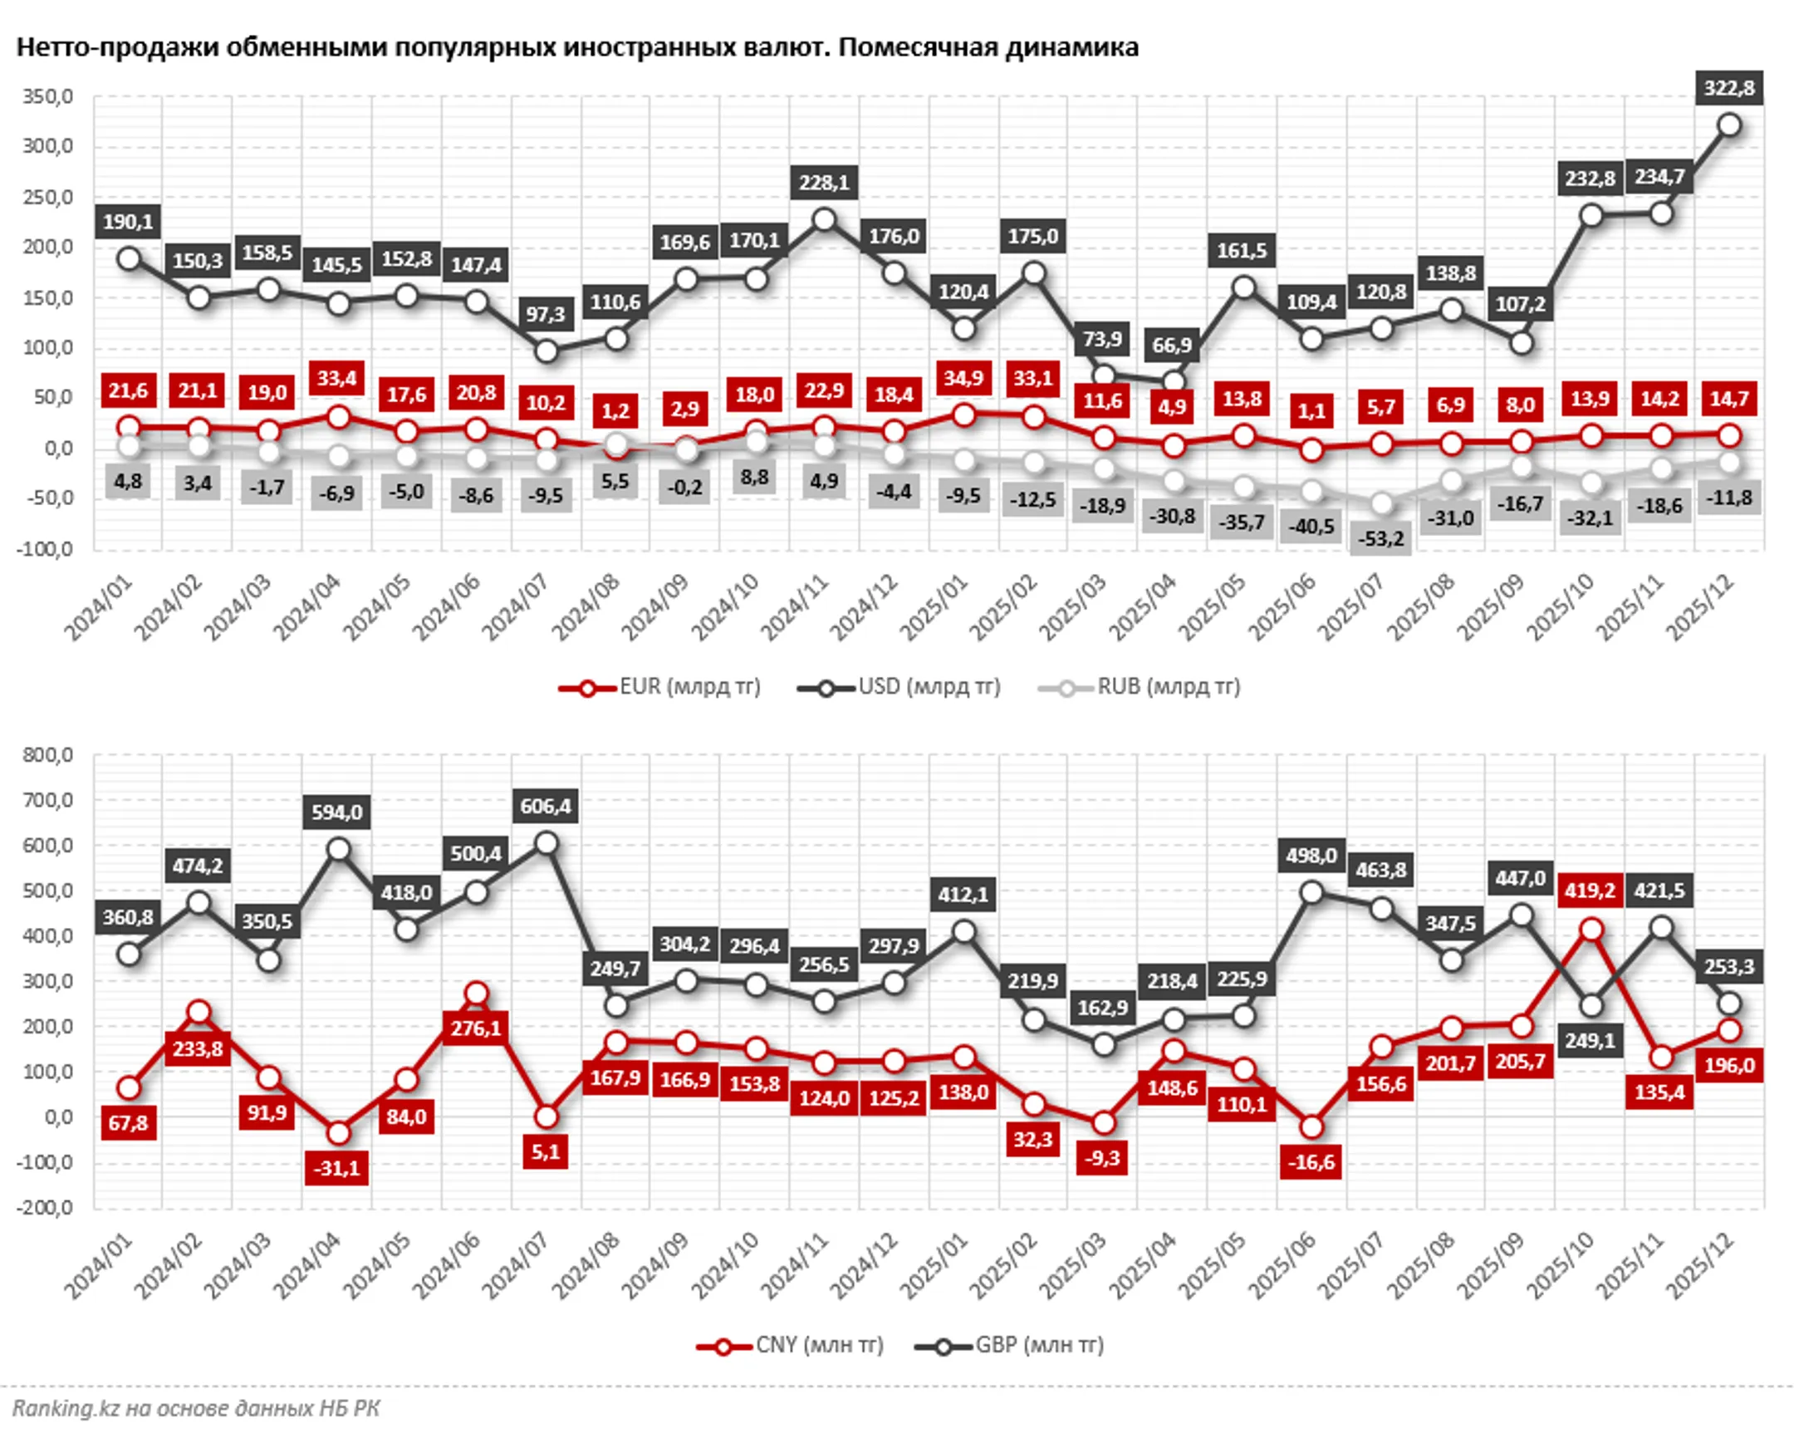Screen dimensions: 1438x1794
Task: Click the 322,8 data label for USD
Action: tap(1728, 88)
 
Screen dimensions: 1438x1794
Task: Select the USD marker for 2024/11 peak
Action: tap(824, 219)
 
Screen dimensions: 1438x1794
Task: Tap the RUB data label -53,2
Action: tap(1380, 539)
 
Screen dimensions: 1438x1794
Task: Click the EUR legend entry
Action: tap(660, 687)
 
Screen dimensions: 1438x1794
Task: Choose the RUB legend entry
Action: tap(1140, 687)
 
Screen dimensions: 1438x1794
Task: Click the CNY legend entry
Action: tap(791, 1346)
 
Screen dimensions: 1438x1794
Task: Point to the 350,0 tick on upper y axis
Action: tap(48, 97)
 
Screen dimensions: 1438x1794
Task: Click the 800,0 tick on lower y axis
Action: tap(48, 756)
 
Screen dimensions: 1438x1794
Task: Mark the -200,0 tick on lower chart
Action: tap(46, 1208)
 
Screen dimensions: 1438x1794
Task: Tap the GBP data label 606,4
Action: tap(545, 807)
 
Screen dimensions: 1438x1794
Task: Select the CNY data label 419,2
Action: tap(1590, 891)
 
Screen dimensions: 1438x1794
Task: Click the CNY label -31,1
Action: tap(336, 1168)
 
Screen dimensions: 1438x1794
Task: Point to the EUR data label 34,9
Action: tap(963, 379)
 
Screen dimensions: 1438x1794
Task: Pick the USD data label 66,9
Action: tap(1172, 346)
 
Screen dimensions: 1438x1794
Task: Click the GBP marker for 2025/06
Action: tap(1311, 893)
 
